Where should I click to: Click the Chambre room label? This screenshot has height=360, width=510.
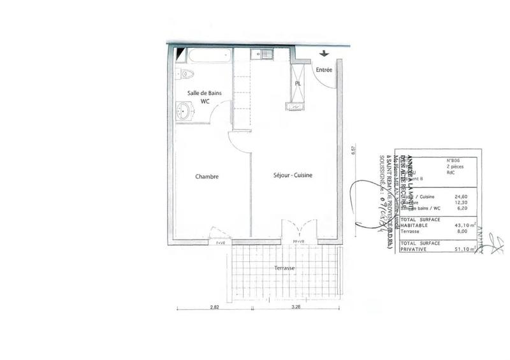(207, 176)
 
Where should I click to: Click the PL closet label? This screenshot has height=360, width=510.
(298, 83)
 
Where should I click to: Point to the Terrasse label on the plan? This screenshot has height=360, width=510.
(284, 268)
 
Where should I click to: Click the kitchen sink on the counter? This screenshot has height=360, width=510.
(261, 54)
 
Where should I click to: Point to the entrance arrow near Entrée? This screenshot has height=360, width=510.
(323, 54)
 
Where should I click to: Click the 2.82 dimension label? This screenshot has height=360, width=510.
(214, 307)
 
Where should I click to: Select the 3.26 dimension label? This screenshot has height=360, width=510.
(295, 307)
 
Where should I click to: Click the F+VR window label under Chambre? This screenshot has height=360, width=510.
(221, 243)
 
